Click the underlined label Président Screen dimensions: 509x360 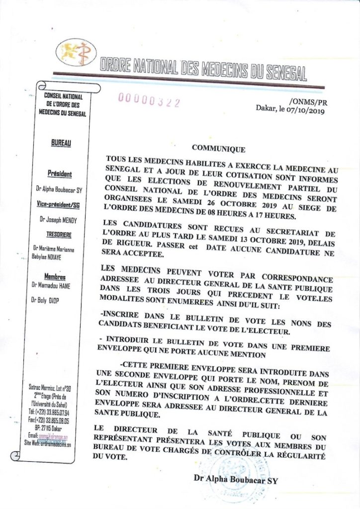click(x=60, y=174)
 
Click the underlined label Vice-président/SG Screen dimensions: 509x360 click(x=60, y=204)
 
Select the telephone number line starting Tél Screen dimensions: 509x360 click(x=56, y=412)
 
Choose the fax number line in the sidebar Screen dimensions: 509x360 click(x=56, y=420)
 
